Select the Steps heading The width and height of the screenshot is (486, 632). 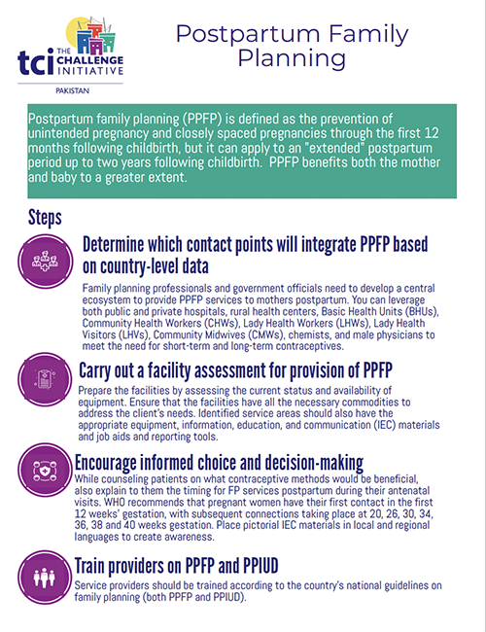[48, 215]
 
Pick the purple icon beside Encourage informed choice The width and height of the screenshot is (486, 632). [45, 469]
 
